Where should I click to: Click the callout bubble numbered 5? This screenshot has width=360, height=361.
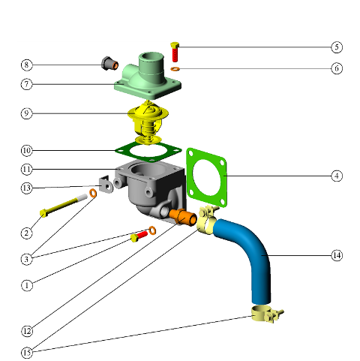point(337,47)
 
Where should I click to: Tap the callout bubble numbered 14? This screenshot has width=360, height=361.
point(337,255)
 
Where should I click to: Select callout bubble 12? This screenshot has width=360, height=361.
point(27,331)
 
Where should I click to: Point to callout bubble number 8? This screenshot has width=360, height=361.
point(26,65)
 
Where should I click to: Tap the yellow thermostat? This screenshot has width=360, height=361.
point(148,122)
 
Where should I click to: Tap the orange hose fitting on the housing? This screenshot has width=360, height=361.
point(183,217)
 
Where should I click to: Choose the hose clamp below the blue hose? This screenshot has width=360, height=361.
point(267,314)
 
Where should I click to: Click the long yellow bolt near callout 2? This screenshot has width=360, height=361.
point(63,205)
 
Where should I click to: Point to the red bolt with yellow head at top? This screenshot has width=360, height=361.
point(175,52)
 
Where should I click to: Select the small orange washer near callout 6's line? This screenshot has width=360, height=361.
point(175,68)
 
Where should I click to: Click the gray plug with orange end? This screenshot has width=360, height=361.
point(109,64)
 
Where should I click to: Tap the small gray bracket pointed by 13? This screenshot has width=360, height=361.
point(106,184)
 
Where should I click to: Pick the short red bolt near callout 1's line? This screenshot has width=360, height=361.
point(139,236)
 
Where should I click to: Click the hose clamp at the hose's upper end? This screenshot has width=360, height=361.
point(206,219)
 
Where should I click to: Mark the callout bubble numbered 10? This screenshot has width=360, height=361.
point(27,151)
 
